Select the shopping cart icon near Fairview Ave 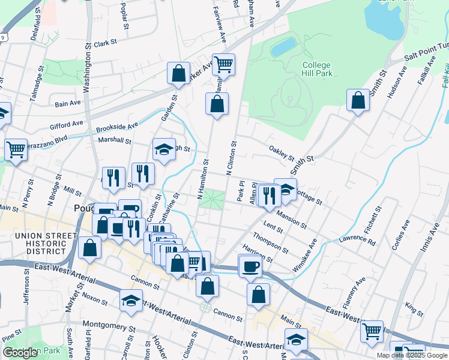(223, 64)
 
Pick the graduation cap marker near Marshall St (164, 149)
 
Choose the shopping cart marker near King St (372, 330)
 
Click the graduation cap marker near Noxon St (130, 302)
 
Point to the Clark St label (104, 43)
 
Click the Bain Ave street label (67, 104)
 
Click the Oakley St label (281, 154)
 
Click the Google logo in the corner (20, 352)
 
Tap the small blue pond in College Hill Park (283, 47)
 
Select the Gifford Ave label (66, 126)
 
